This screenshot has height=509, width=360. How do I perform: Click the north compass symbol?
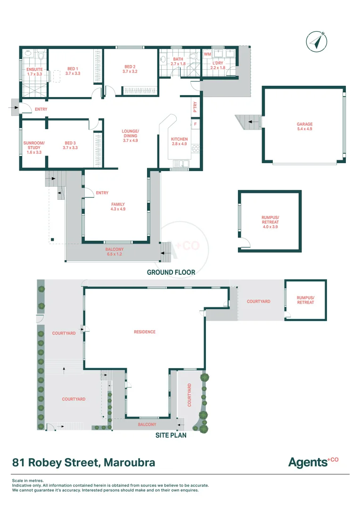(x=317, y=41)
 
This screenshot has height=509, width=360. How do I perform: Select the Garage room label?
(x=304, y=126)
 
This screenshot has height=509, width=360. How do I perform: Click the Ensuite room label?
(x=34, y=72)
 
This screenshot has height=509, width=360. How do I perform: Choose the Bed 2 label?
(x=130, y=69)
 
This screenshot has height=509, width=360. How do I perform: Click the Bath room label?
(x=178, y=61)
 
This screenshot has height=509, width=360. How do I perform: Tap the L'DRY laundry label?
(x=218, y=65)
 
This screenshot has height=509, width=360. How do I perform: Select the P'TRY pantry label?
(x=195, y=107)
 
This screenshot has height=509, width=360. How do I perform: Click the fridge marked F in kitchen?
(x=196, y=124)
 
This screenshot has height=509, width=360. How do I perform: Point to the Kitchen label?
(x=179, y=141)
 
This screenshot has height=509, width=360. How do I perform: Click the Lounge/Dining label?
(x=130, y=136)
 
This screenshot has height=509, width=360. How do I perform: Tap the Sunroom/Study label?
(x=35, y=148)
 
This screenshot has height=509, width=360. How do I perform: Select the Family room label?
(x=118, y=206)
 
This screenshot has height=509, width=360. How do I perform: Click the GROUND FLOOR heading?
(x=171, y=272)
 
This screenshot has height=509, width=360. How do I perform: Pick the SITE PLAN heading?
(x=171, y=435)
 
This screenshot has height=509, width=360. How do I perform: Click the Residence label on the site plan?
(x=145, y=332)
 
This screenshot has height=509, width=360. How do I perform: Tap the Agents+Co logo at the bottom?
(x=313, y=462)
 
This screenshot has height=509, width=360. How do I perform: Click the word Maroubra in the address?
(x=128, y=462)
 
